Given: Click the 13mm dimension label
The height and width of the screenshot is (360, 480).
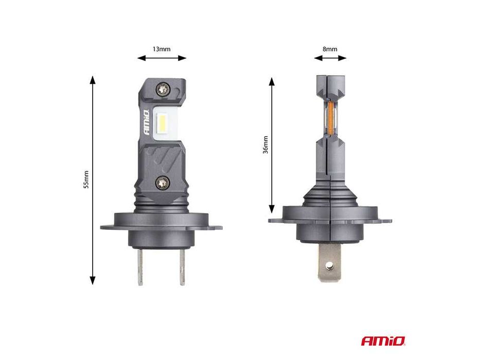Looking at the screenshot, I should click(162, 49).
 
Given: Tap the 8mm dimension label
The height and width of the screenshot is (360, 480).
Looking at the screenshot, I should click(330, 49).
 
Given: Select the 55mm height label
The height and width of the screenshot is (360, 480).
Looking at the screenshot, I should click(86, 179).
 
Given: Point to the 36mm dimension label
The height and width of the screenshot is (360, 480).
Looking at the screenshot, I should click(265, 145).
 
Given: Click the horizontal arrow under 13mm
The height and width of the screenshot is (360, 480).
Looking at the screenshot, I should click(162, 59).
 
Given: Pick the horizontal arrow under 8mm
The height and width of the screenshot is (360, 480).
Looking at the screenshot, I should click(330, 59).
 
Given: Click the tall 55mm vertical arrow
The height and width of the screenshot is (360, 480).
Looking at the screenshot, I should click(93, 180).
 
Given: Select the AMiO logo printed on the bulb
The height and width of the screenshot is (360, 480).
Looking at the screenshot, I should click(146, 122).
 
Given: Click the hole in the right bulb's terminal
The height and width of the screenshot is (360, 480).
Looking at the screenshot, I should click(330, 266).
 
